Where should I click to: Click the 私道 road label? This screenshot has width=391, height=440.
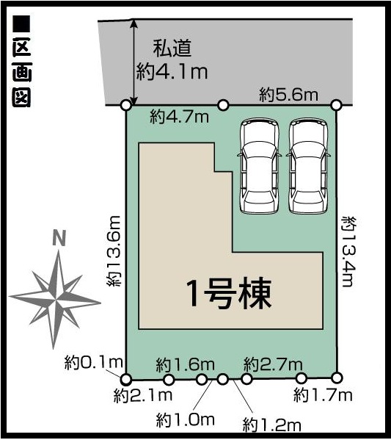pos(172,48)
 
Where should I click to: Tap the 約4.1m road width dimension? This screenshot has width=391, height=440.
pos(172,72)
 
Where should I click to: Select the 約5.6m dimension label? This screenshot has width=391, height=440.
pos(289,95)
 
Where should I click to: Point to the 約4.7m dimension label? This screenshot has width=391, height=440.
pos(180,117)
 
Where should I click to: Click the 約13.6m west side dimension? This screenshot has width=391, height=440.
pos(114,251)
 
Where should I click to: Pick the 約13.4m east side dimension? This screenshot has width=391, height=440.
pos(349,251)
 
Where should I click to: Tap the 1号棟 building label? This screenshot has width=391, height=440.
pos(229,293)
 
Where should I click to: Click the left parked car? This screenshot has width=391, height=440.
pos(259,165)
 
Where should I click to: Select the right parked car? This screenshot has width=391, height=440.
pos(308,165)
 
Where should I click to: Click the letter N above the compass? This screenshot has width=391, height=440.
pos(59,238)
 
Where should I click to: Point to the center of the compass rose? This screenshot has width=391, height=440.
pos(56,300)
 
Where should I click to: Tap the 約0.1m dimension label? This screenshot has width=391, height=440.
pos(94,363)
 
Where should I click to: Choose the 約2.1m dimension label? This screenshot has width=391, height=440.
pos(143,396)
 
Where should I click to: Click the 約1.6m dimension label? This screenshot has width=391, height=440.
pos(186,364)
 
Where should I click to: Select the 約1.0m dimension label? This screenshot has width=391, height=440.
pos(186,420)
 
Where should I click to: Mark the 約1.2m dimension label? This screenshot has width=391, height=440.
pos(272,425)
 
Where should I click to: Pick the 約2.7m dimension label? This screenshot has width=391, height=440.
pos(274,364)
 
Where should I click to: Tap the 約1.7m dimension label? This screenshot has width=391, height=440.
pos(323,396)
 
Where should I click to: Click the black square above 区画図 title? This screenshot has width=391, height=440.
pos(21,24)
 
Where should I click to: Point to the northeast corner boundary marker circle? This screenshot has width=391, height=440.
pos(336,105)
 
